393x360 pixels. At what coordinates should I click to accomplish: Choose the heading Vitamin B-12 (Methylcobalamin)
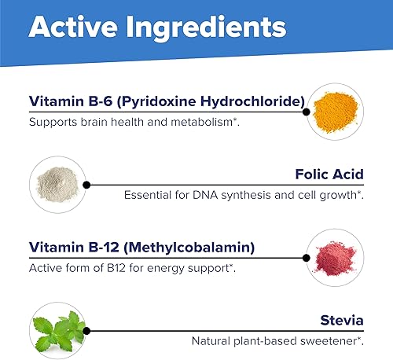click(x=141, y=248)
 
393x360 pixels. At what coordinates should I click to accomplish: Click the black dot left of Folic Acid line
click(x=86, y=184)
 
